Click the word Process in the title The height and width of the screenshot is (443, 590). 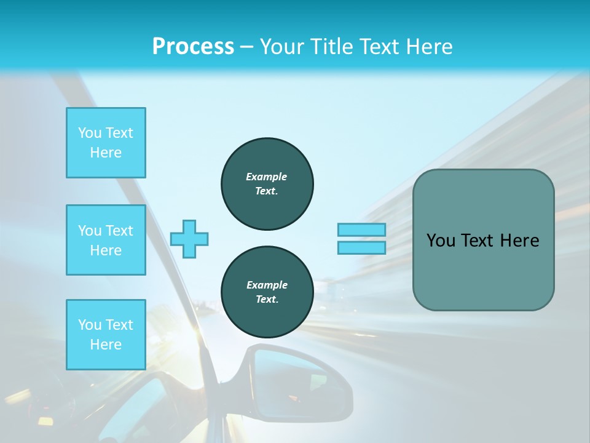(193, 47)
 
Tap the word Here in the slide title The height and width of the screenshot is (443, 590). (429, 47)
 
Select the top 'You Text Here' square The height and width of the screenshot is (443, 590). (106, 143)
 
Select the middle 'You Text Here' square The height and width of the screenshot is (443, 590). (106, 240)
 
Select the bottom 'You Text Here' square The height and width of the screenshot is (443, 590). (106, 335)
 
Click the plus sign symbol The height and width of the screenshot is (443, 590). (189, 239)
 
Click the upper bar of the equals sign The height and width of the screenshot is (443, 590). (361, 229)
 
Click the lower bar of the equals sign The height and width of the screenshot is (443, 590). (361, 247)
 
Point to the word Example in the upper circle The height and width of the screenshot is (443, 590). (267, 177)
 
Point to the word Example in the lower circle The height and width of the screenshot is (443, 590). (267, 285)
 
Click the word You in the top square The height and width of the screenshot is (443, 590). (90, 133)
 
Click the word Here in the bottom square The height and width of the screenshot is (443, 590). (106, 345)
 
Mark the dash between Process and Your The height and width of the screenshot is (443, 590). (247, 47)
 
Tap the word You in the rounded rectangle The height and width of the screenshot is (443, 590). (440, 241)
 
